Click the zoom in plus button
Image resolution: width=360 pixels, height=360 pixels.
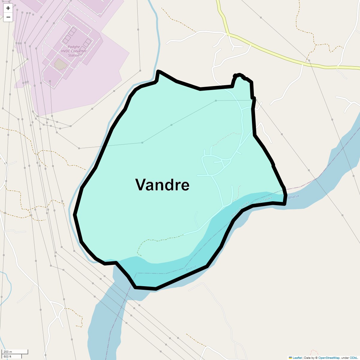click(8, 8)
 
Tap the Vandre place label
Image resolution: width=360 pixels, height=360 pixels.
click(162, 185)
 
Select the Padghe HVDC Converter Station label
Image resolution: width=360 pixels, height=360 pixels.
click(74, 51)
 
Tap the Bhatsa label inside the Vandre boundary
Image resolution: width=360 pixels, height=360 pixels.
click(191, 268)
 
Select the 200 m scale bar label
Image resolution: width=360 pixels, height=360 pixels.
click(8, 352)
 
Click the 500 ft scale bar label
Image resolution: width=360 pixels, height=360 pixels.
click(8, 356)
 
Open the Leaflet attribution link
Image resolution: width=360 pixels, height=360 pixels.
click(297, 358)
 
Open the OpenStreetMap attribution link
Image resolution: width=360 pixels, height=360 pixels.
click(329, 358)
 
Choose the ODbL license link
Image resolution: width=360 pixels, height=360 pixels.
click(353, 358)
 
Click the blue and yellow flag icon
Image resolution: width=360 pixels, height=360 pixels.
click(290, 358)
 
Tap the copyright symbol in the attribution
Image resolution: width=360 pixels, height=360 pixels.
click(316, 358)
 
